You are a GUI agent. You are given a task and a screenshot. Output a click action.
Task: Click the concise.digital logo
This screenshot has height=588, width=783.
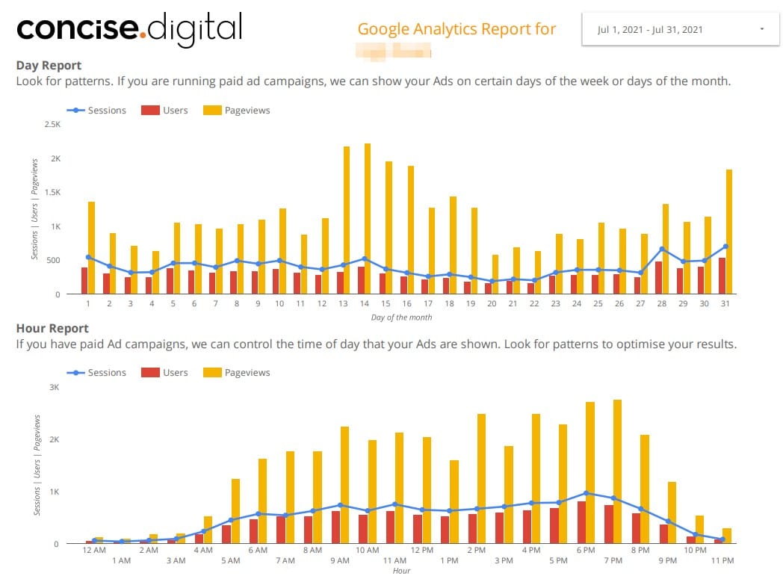point(129,28)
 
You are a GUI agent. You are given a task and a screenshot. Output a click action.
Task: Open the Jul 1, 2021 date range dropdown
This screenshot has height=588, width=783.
point(680,30)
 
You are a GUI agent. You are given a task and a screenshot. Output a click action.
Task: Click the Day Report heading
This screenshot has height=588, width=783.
point(49,66)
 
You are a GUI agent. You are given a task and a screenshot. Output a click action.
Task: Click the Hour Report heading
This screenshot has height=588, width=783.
point(52,328)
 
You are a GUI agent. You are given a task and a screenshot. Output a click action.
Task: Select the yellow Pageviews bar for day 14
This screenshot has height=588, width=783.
point(368,218)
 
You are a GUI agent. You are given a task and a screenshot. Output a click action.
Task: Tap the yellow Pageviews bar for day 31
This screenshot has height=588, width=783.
point(729,232)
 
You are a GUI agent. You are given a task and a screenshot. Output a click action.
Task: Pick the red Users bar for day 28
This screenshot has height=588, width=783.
point(658,277)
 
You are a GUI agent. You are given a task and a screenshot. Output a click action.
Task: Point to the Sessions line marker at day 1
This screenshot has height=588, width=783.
point(88,257)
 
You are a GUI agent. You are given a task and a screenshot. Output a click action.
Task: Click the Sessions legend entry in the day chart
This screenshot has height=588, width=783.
point(96,111)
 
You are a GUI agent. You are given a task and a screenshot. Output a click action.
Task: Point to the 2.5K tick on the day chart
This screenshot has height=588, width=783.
point(52,125)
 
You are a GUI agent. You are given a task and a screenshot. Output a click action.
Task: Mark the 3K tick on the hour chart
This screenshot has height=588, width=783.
point(54,387)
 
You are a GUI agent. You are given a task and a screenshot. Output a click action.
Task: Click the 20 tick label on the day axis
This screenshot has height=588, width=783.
point(492,304)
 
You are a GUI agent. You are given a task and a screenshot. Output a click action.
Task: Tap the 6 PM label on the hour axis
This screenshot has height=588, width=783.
point(586,550)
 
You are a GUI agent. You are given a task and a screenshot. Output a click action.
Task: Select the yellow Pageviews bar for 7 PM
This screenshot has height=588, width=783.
point(617,471)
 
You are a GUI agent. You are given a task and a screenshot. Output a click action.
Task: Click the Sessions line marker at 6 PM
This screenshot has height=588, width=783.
point(587,493)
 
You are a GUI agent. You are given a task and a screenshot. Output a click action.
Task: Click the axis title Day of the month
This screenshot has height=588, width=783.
point(401,318)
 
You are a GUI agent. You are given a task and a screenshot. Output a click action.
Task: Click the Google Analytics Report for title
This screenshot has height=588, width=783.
point(457,29)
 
